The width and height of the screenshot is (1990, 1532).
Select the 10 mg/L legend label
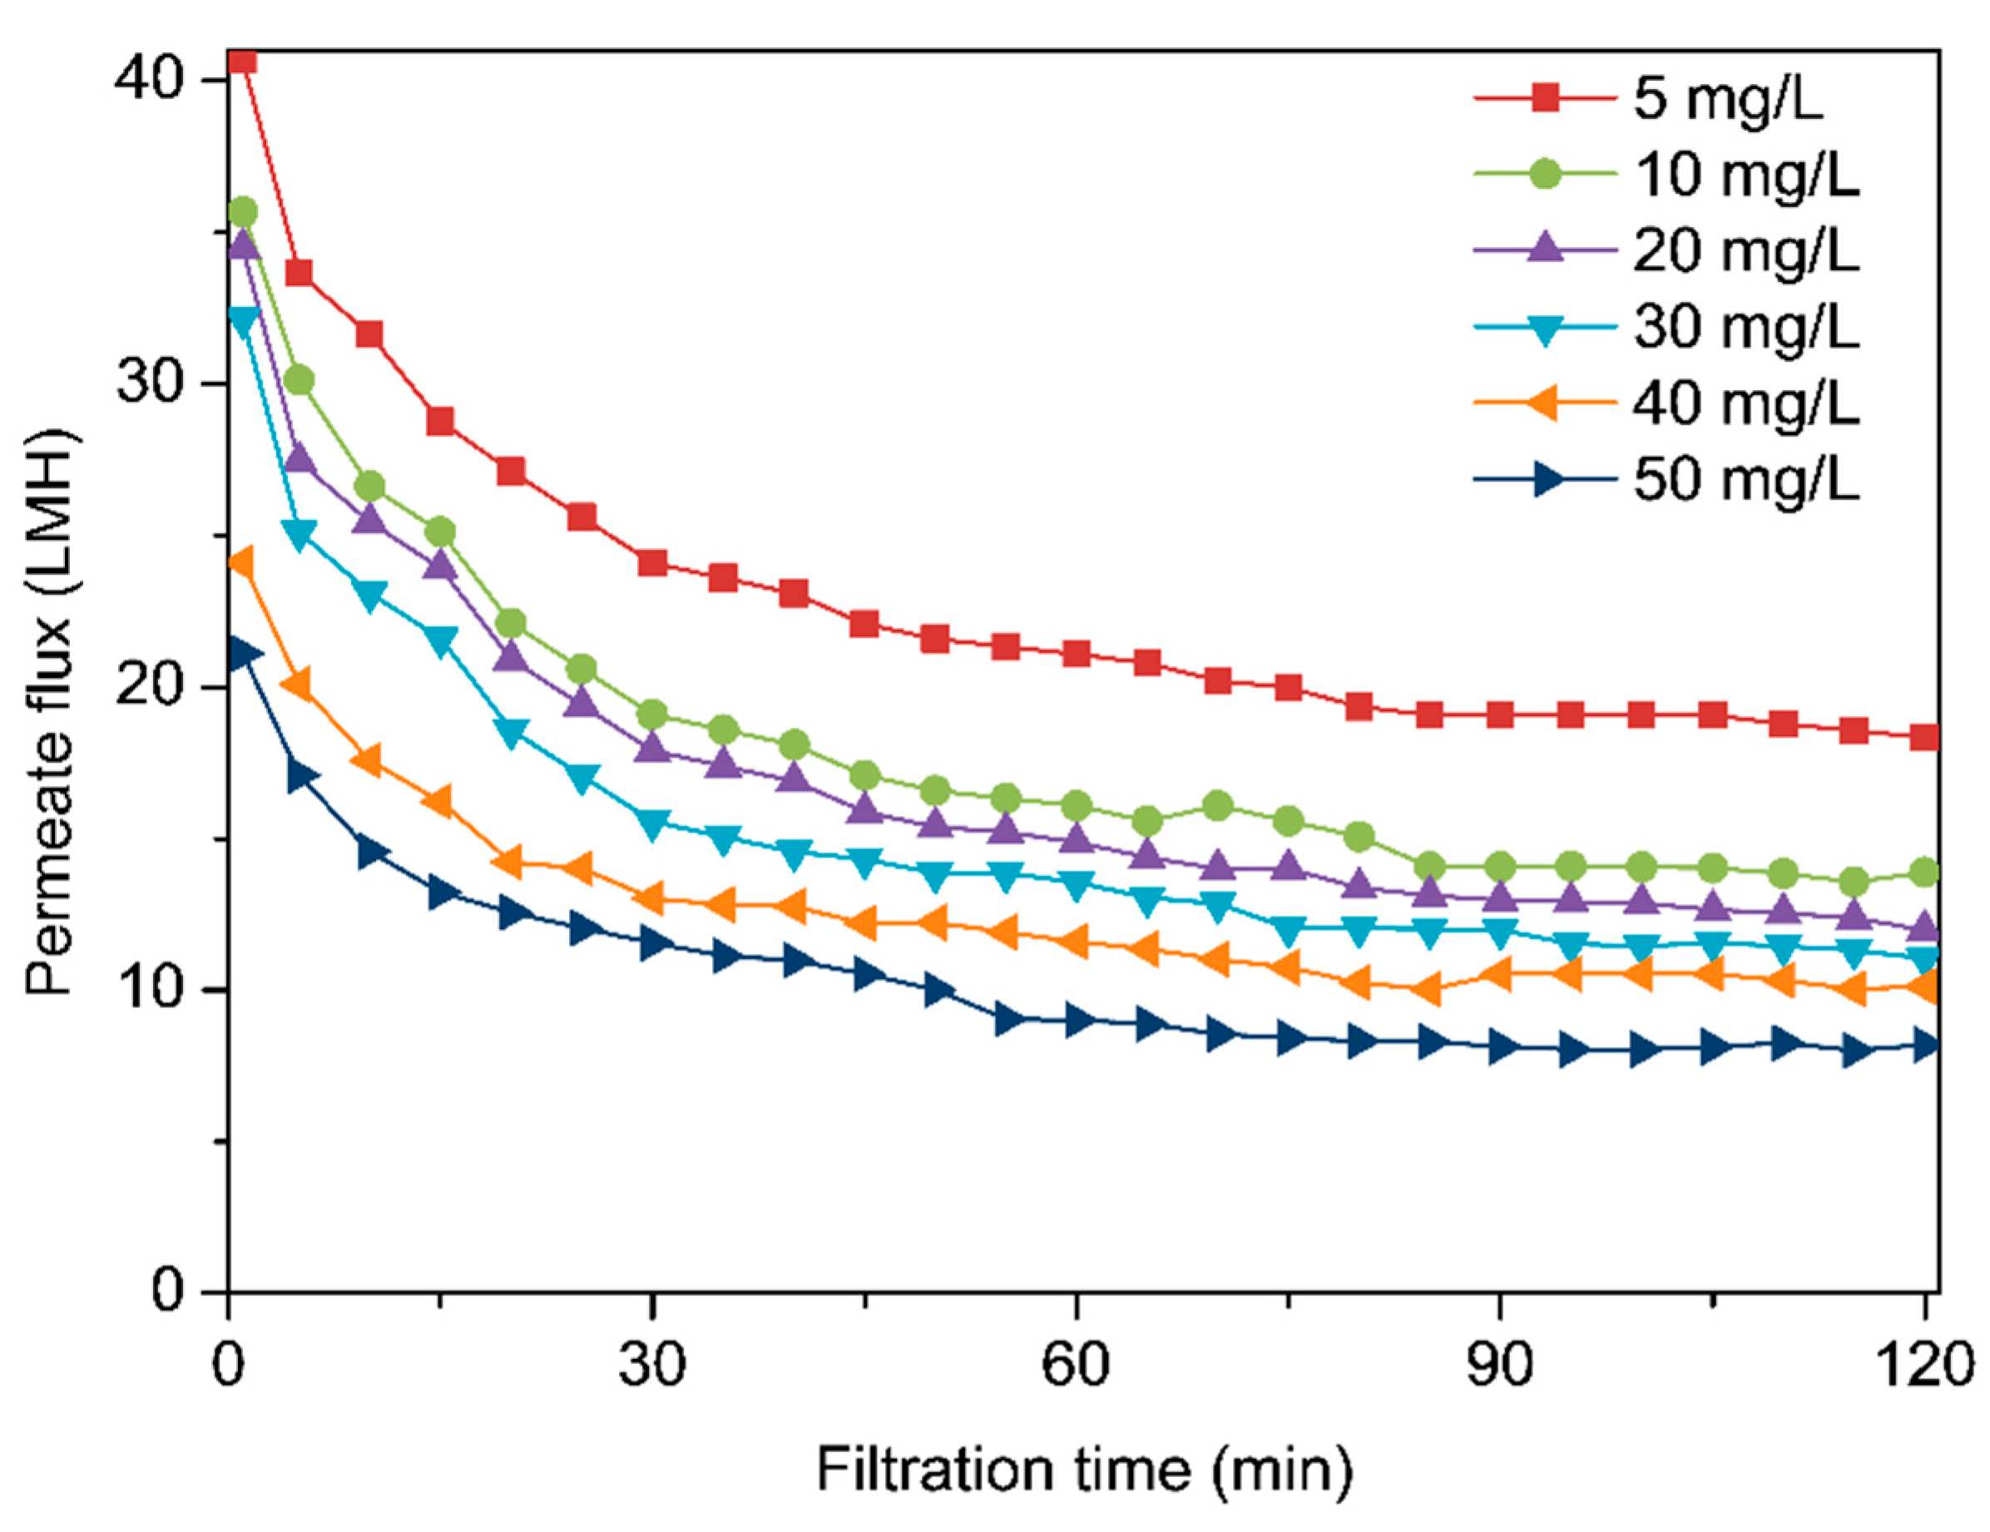(x=1745, y=175)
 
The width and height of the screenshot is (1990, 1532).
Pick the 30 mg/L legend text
(x=1745, y=327)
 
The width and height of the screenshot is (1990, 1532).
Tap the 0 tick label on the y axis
(x=169, y=1291)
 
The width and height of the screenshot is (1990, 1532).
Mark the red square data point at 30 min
(x=652, y=563)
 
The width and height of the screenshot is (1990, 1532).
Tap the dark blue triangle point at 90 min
(x=1501, y=1048)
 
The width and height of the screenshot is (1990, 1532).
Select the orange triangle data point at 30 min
(x=651, y=900)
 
